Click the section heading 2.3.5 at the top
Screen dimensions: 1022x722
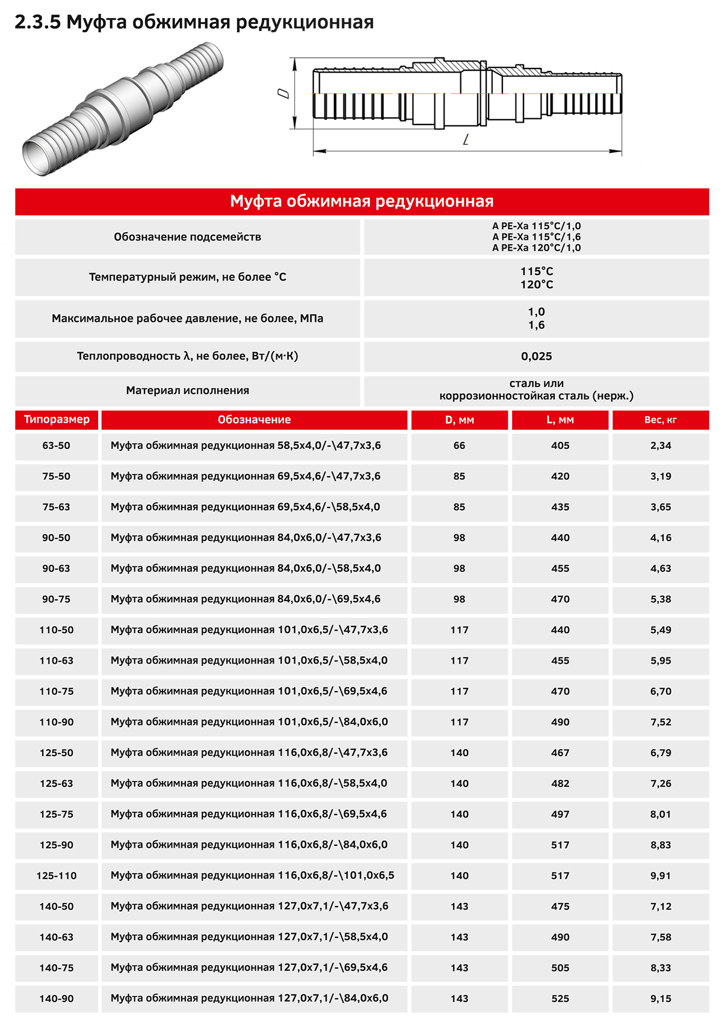click(194, 22)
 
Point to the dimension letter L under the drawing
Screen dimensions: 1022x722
click(466, 140)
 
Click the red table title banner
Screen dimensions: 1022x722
click(362, 201)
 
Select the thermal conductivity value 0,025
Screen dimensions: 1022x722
click(536, 356)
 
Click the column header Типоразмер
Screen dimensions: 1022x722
click(57, 420)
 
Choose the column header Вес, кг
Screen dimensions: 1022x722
click(660, 420)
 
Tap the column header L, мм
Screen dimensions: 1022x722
click(560, 420)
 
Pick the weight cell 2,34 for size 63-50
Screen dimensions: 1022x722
click(660, 446)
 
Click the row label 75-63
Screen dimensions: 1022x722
click(56, 507)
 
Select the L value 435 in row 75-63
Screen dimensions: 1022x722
click(560, 507)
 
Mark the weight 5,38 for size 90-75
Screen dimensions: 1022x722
click(660, 599)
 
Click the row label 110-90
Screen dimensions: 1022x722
click(57, 722)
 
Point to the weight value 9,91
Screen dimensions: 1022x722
click(660, 876)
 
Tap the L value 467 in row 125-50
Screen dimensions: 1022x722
click(560, 753)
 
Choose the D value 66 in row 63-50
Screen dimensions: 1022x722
click(459, 446)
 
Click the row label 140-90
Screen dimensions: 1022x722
click(57, 999)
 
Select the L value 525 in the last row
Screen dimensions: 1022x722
click(560, 999)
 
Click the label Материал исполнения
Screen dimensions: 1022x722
click(187, 391)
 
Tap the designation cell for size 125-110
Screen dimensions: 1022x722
click(252, 875)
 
